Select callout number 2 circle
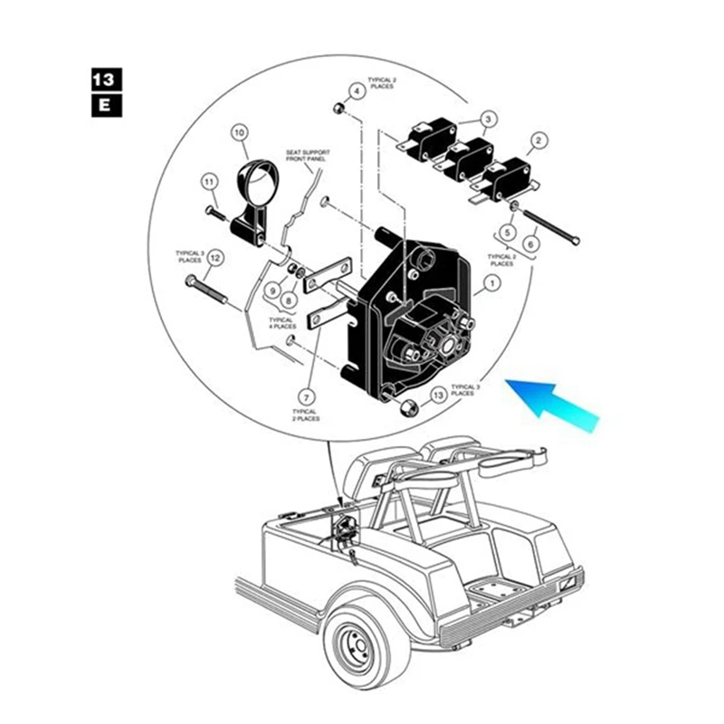pyautogui.click(x=538, y=140)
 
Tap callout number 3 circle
pyautogui.click(x=488, y=119)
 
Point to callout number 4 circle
pyautogui.click(x=357, y=90)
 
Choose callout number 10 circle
pyautogui.click(x=240, y=132)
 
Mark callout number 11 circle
pyautogui.click(x=209, y=183)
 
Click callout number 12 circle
pyautogui.click(x=214, y=258)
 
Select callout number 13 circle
pyautogui.click(x=439, y=395)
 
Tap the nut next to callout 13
pyautogui.click(x=408, y=405)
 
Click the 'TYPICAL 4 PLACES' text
pyautogui.click(x=281, y=323)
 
